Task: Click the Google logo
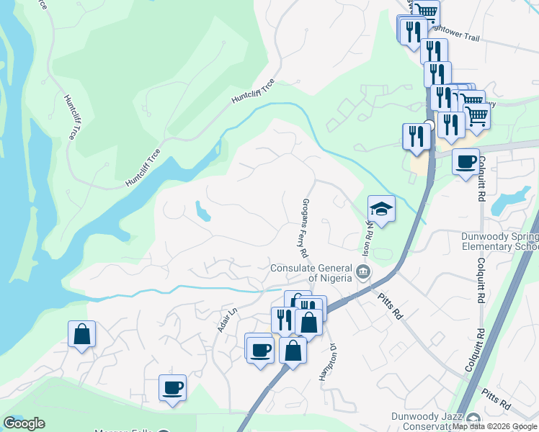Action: [x=23, y=423]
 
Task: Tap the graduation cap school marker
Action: [x=381, y=209]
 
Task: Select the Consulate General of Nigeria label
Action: [x=311, y=273]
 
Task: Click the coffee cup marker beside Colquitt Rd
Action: [x=465, y=161]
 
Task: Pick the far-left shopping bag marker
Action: [x=81, y=334]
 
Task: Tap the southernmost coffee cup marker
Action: [x=172, y=388]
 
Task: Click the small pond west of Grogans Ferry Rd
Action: [x=201, y=211]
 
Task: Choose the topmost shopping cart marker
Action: [x=426, y=10]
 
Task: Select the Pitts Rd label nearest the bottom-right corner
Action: [x=497, y=398]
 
